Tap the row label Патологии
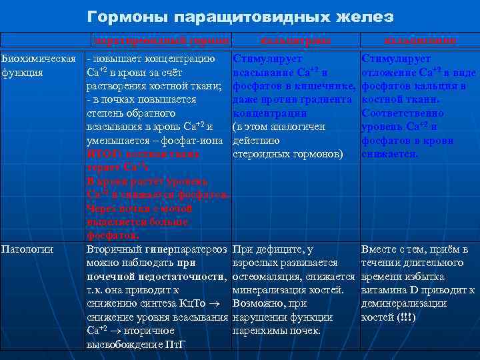[27, 249]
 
